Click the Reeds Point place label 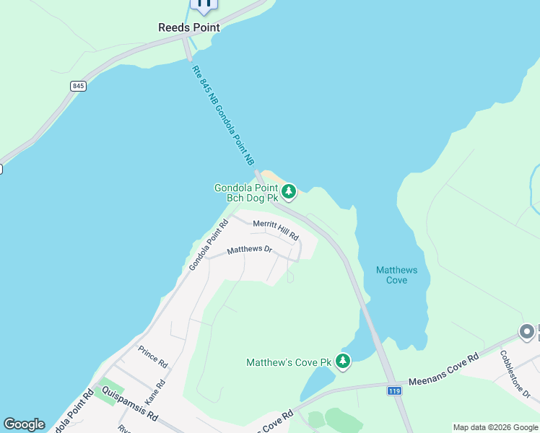coord(188,27)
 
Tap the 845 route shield coord(79,86)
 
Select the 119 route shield coord(393,390)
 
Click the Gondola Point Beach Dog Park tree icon coord(289,191)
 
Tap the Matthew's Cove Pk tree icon coord(343,360)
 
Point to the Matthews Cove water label coord(396,275)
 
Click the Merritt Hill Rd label coord(276,230)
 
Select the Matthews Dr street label coord(249,250)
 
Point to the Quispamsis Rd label coord(130,405)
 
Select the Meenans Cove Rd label coord(443,369)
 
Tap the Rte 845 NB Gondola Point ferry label coord(223,115)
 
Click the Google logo coord(24,424)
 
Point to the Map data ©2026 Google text coord(495,427)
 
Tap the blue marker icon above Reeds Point coord(204,4)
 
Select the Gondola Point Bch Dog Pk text coord(246,193)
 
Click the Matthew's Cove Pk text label coord(288,362)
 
